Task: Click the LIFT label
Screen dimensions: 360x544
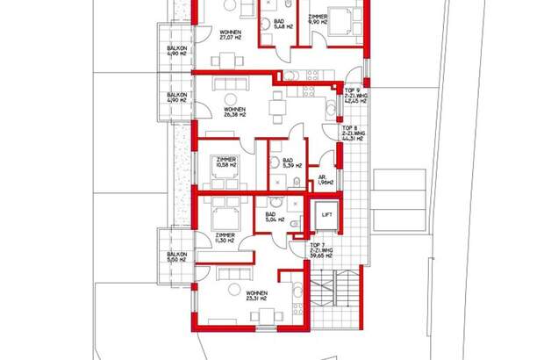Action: pos(326,214)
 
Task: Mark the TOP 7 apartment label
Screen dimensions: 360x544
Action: pos(321,251)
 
